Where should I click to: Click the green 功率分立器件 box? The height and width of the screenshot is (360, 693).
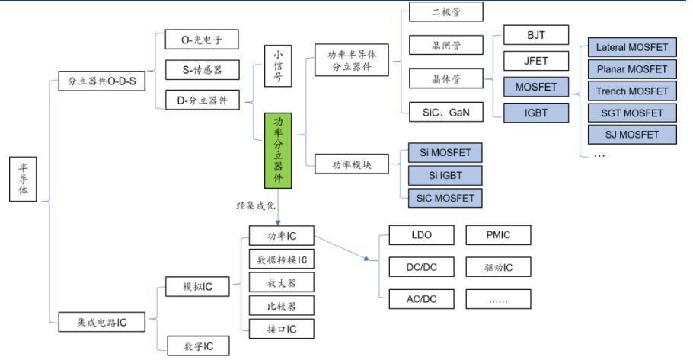(278, 151)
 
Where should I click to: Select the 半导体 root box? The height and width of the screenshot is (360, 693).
(23, 179)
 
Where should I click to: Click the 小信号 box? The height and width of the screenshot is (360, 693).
(278, 67)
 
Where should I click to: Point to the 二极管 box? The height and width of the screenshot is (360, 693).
(445, 13)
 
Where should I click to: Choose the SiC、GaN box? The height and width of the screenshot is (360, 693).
(445, 113)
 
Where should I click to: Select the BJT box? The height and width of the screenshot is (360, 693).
(536, 35)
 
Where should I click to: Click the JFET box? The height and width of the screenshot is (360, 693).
(536, 61)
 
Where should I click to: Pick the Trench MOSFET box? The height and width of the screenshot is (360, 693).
(631, 91)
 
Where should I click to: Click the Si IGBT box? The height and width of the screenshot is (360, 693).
(445, 176)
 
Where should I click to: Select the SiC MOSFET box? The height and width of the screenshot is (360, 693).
(445, 198)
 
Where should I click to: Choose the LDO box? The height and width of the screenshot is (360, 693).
(421, 235)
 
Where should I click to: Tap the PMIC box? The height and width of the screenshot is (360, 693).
(498, 235)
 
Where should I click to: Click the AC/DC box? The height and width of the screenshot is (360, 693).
(421, 299)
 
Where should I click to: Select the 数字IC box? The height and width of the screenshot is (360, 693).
(196, 346)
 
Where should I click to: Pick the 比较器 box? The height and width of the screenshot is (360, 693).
(281, 306)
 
